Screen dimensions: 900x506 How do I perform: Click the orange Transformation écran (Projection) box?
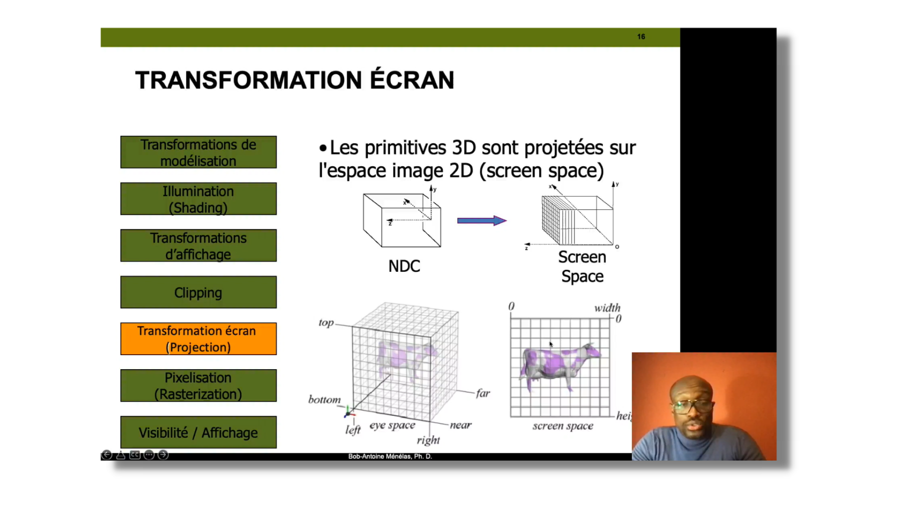[198, 339]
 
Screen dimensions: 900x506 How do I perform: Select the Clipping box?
[198, 292]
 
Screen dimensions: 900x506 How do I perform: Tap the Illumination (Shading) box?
[198, 199]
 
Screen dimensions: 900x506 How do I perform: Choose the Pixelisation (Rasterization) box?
[198, 386]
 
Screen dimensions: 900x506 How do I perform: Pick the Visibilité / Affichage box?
[198, 432]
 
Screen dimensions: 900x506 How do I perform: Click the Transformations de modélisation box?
[198, 152]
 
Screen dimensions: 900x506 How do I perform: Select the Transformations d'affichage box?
[198, 245]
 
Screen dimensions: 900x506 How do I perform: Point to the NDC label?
[404, 266]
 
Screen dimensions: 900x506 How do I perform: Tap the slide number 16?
[641, 36]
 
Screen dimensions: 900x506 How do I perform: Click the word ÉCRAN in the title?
[412, 80]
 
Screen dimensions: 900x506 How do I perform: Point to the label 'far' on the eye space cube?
[483, 393]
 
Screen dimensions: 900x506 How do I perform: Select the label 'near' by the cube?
[460, 425]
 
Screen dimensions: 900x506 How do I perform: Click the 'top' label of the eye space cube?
[326, 323]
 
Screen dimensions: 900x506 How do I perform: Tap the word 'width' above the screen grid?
[607, 308]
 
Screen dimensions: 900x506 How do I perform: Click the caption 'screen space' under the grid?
[563, 426]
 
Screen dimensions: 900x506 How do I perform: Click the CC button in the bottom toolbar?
[135, 455]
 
